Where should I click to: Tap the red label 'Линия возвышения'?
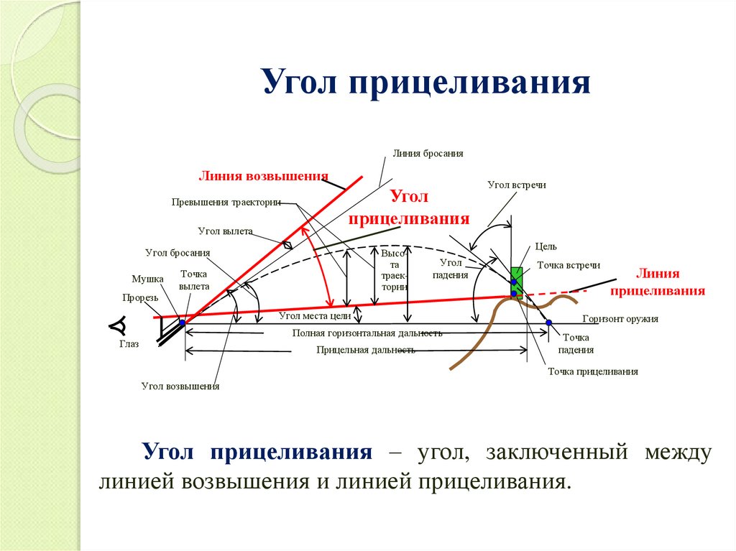click(x=263, y=176)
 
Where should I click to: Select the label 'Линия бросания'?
click(x=428, y=154)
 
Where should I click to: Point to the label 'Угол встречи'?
click(x=517, y=185)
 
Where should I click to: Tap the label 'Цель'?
click(x=546, y=246)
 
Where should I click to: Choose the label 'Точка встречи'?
click(x=569, y=265)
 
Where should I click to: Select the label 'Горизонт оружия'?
click(x=620, y=318)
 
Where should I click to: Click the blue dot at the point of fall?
click(x=549, y=323)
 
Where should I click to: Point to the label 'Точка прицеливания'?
click(x=593, y=371)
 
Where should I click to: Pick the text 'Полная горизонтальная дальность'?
click(x=367, y=333)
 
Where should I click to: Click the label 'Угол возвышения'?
click(x=180, y=386)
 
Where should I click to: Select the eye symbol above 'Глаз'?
click(x=118, y=325)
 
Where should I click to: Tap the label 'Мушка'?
click(x=147, y=279)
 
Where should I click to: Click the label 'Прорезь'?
click(x=139, y=297)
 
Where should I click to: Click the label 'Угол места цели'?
click(x=314, y=315)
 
